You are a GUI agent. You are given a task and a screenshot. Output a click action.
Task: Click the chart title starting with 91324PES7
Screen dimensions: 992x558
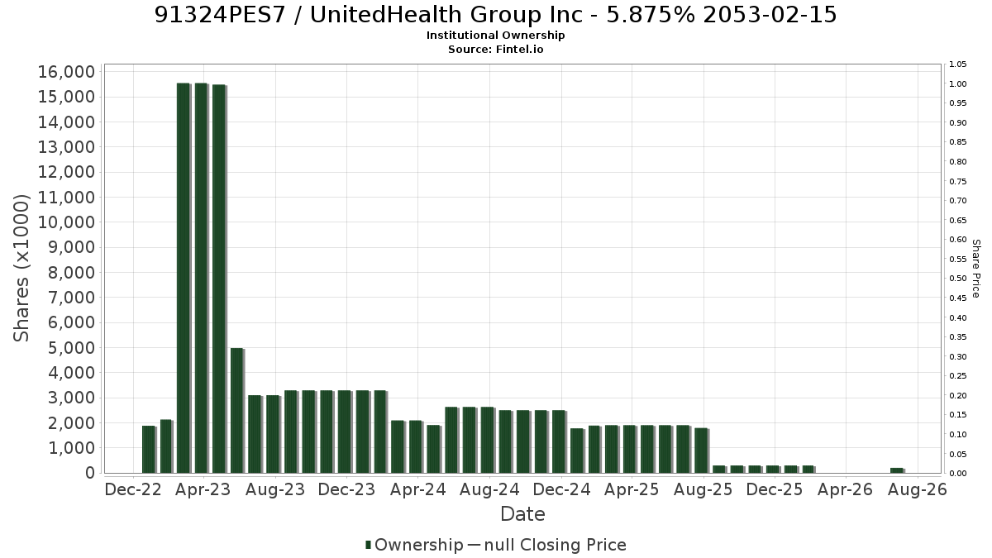[x=495, y=15]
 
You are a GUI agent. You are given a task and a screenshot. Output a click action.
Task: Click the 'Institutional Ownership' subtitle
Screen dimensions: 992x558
[x=495, y=36]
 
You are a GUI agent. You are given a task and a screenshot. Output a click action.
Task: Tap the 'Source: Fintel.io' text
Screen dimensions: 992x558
[x=495, y=49]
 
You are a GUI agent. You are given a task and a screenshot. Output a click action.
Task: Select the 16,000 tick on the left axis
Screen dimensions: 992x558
[x=66, y=72]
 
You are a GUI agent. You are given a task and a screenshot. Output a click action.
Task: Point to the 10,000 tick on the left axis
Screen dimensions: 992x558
[x=66, y=222]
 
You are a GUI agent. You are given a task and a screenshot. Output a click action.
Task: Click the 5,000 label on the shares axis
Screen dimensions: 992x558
[x=71, y=348]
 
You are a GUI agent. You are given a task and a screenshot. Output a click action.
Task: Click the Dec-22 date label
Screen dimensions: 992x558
[x=133, y=489]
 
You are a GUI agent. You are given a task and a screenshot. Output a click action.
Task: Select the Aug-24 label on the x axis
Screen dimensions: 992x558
[x=489, y=489]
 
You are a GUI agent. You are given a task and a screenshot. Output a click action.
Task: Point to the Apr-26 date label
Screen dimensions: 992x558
[x=845, y=489]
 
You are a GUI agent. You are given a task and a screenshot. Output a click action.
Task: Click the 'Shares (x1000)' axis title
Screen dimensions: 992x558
[x=21, y=268]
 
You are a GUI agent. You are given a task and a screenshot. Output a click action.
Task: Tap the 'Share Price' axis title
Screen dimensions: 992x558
[x=975, y=269]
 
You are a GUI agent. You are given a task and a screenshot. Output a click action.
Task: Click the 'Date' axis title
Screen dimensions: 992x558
[x=522, y=514]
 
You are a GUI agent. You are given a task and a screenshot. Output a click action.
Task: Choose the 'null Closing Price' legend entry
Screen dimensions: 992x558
[x=547, y=545]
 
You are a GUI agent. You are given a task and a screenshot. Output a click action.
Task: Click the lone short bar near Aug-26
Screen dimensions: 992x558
[x=898, y=470]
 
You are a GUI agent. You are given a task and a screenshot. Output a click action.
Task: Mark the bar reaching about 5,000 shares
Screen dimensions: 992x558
[x=237, y=411]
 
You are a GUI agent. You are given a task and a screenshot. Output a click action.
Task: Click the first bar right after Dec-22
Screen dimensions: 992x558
[x=150, y=450]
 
